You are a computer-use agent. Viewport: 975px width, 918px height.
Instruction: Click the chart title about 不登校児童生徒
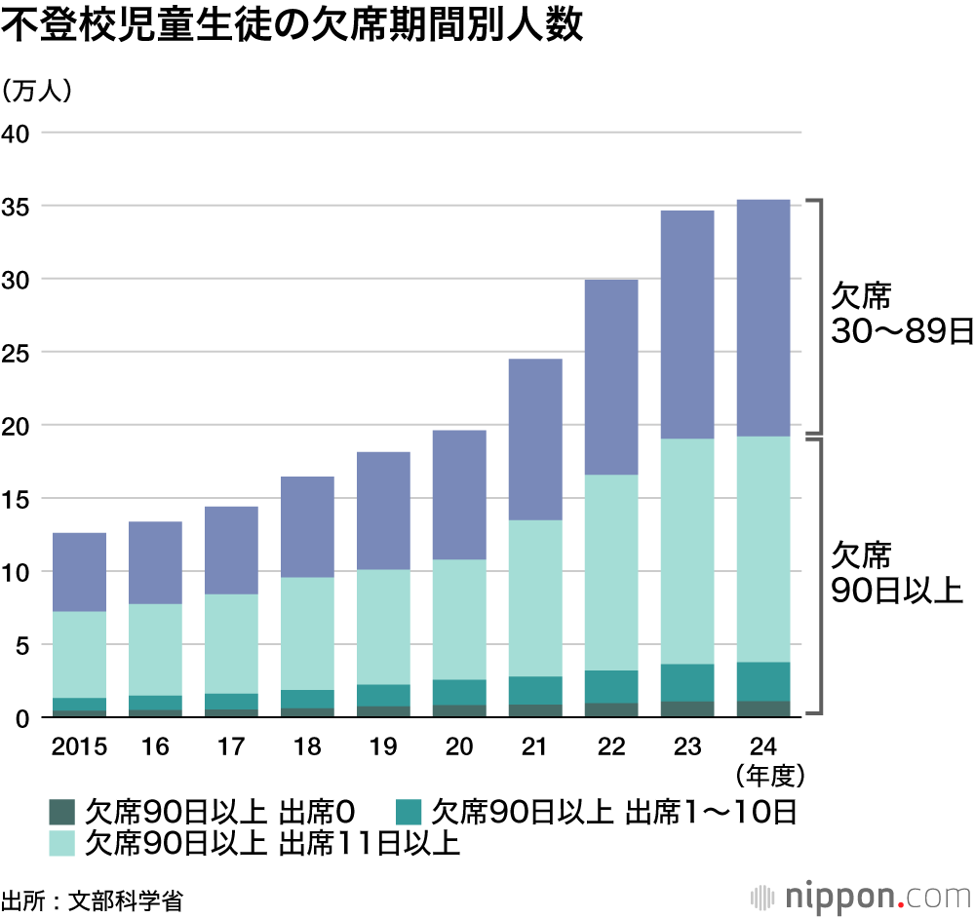point(292,26)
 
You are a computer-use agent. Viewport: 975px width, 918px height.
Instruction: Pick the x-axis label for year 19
point(382,747)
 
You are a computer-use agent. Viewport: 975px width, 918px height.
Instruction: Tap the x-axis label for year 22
point(611,747)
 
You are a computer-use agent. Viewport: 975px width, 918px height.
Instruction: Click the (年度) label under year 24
point(763,777)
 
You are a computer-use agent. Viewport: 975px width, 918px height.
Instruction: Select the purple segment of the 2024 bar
point(763,318)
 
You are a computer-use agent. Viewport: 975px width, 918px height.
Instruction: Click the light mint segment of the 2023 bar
point(687,552)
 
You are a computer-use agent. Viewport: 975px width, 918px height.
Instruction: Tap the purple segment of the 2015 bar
point(79,572)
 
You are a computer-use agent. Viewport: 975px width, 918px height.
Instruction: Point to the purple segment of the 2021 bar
point(535,440)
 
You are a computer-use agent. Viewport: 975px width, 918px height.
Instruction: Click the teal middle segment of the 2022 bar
point(611,686)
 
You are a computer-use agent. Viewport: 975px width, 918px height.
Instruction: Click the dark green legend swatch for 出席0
point(62,812)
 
